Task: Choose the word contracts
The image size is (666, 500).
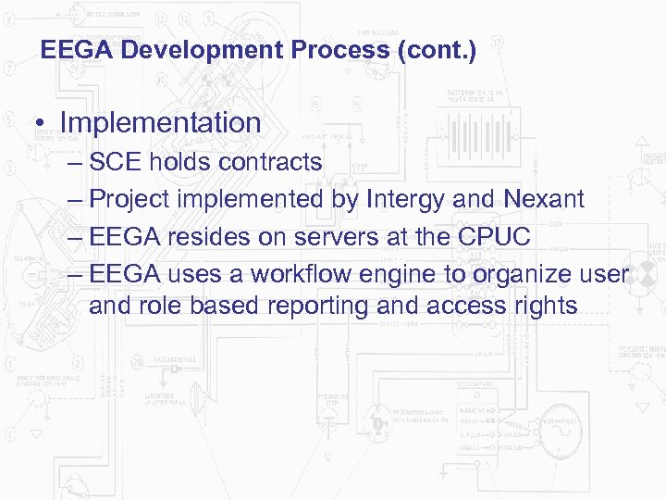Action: (x=270, y=163)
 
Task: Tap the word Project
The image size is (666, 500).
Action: (x=129, y=199)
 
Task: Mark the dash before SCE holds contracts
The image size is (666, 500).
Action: (x=76, y=164)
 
